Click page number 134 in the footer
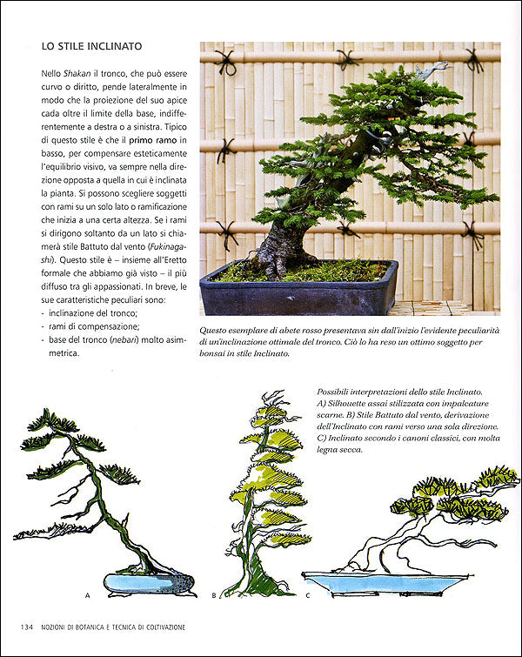tap(24, 627)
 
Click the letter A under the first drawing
tap(88, 595)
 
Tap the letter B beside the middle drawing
tap(214, 595)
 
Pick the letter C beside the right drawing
tap(307, 595)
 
